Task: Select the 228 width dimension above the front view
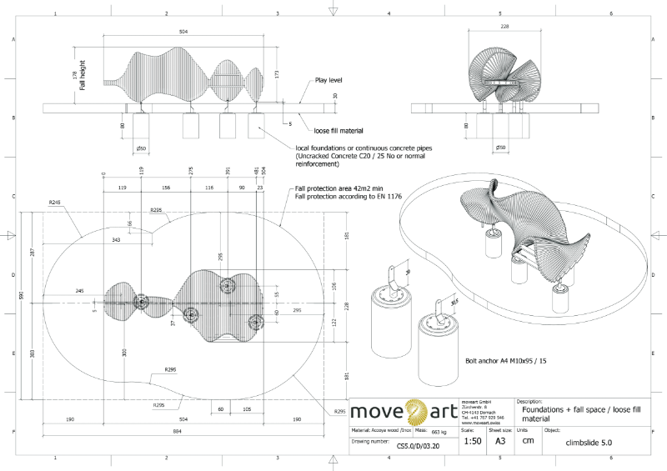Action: (504, 27)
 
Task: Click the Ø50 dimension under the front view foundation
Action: (500, 148)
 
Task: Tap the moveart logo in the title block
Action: (404, 411)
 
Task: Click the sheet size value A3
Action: (500, 441)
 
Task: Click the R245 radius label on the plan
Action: (55, 203)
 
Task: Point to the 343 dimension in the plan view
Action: (116, 240)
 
